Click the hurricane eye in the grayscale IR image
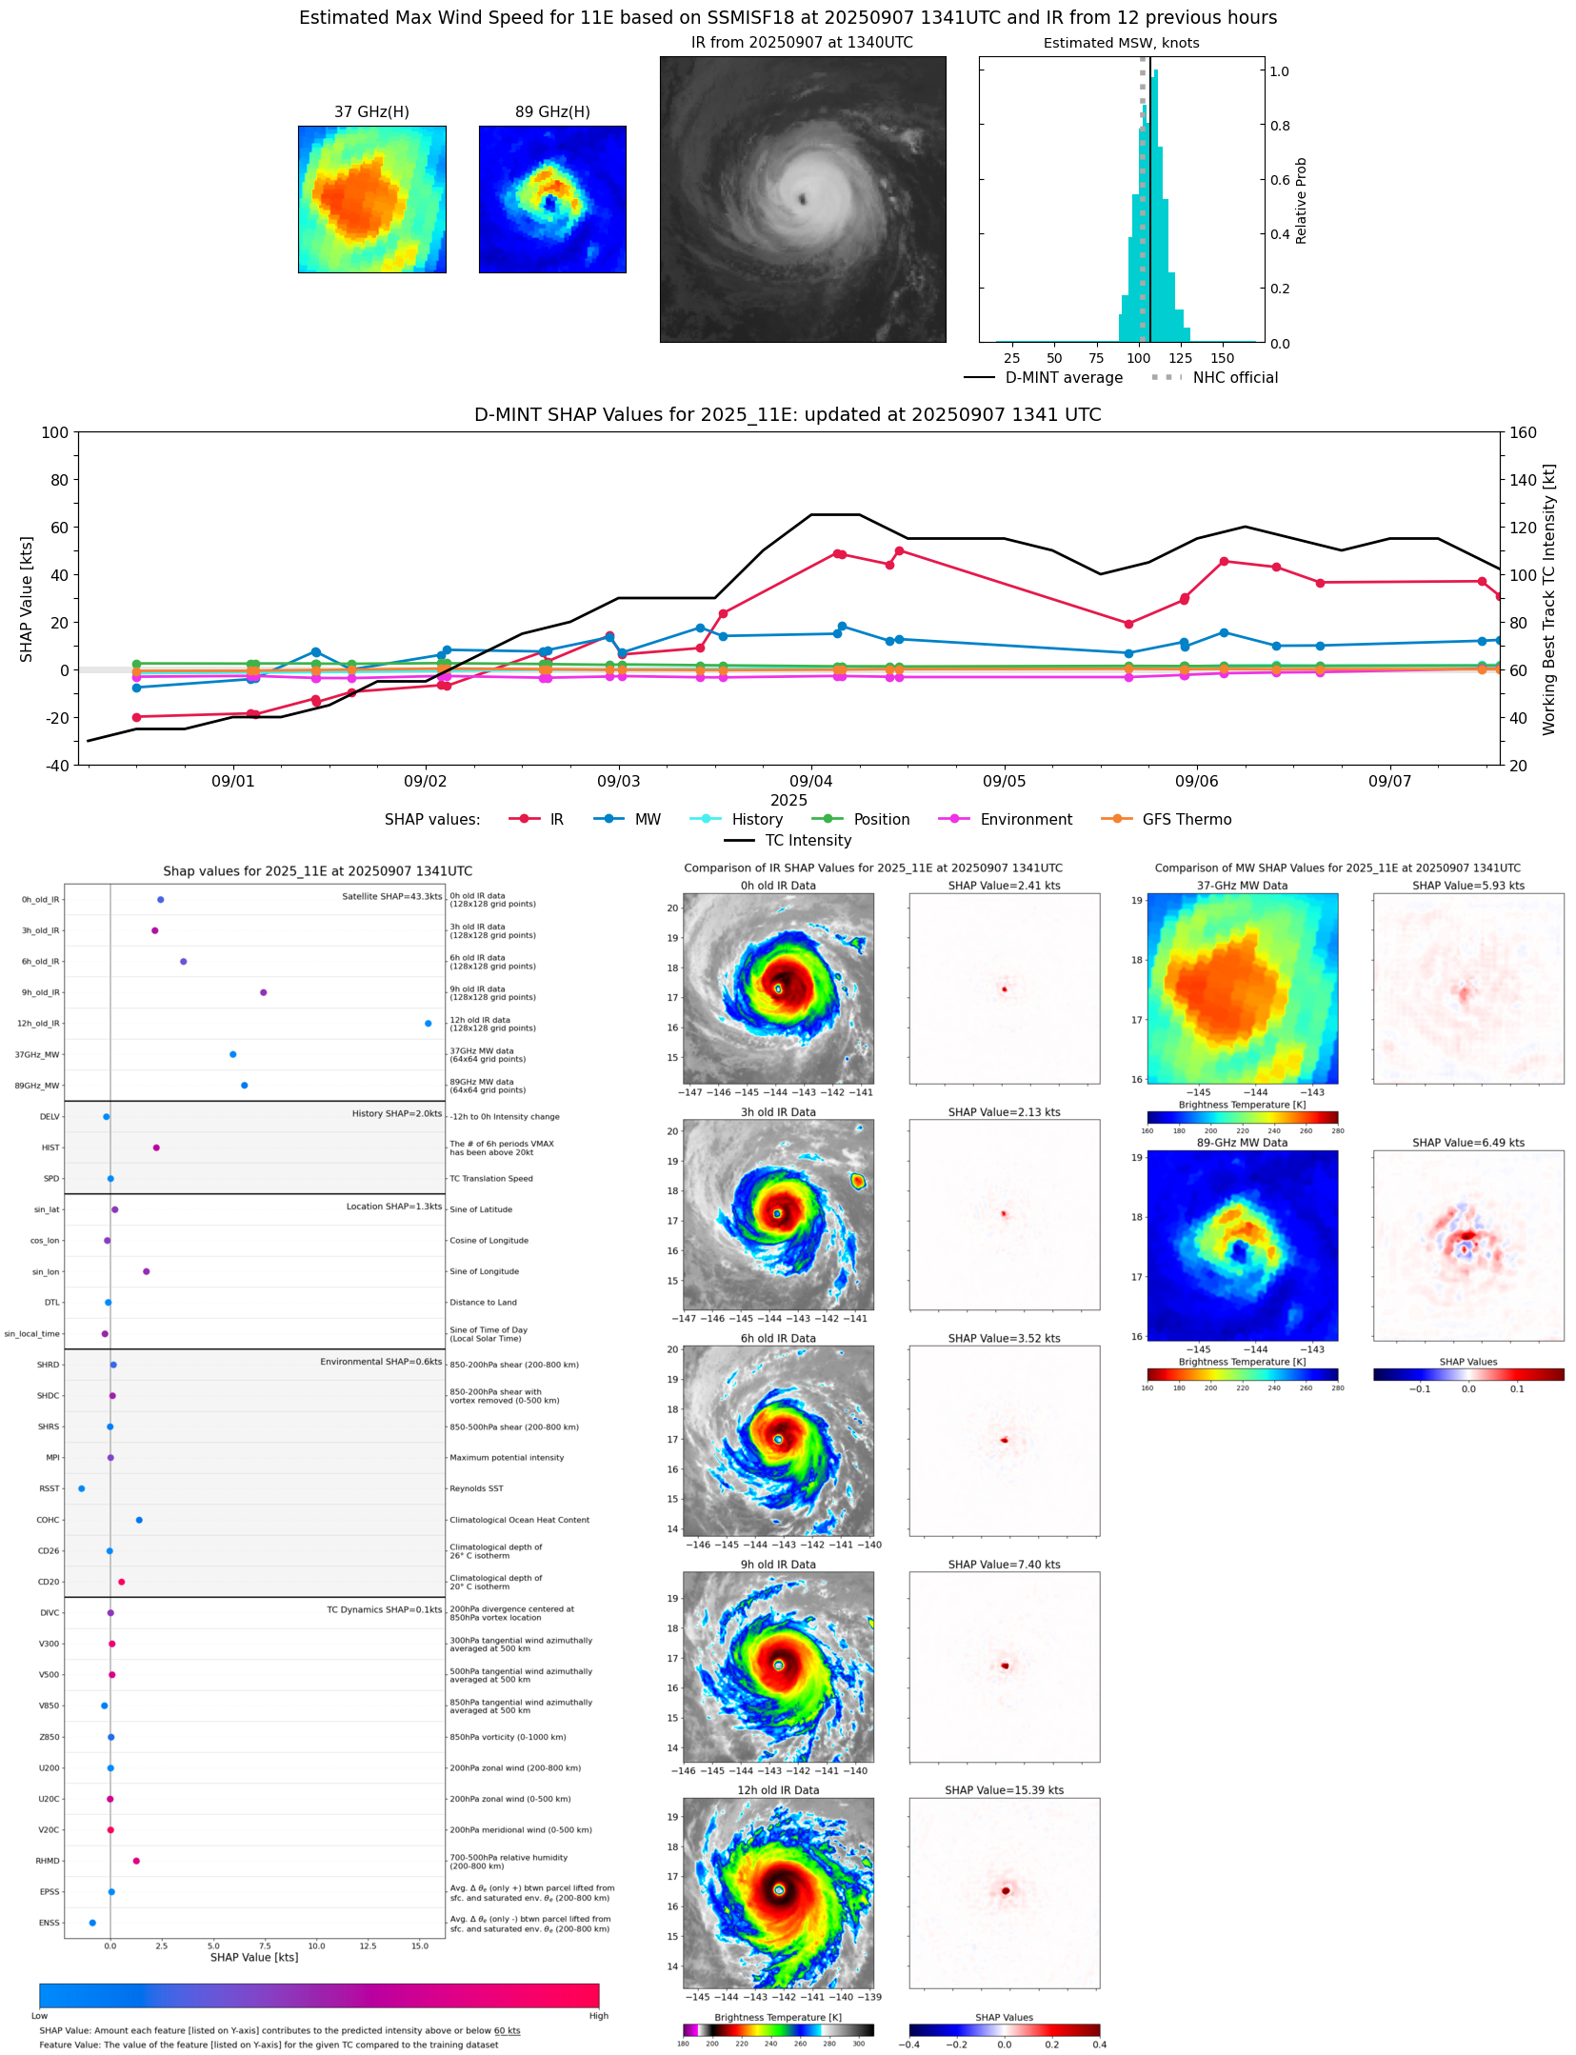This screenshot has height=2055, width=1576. click(x=803, y=199)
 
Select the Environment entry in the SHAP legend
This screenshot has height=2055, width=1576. click(x=1026, y=819)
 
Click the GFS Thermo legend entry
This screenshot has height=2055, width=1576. click(x=1187, y=819)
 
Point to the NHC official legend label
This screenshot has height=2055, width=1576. click(x=1235, y=377)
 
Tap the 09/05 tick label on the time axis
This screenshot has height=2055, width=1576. click(x=1004, y=781)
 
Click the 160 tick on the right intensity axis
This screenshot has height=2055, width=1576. click(x=1523, y=432)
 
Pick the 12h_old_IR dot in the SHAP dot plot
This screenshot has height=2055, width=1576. click(x=428, y=1024)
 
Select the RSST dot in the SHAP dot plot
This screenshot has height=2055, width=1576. click(x=81, y=1488)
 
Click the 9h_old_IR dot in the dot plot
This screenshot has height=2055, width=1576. click(x=264, y=992)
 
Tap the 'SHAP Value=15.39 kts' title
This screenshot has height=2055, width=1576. click(x=1004, y=1790)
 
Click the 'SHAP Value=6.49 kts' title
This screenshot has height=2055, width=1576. click(x=1467, y=1143)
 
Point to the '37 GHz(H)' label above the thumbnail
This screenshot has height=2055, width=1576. click(x=371, y=112)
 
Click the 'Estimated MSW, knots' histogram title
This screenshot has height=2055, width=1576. click(x=1121, y=43)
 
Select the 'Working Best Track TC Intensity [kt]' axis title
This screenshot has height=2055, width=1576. click(x=1549, y=599)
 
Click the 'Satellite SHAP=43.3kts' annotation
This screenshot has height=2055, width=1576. click(x=391, y=896)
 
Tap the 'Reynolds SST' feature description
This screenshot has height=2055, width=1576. click(x=476, y=1488)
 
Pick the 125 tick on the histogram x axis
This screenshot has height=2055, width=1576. click(x=1180, y=358)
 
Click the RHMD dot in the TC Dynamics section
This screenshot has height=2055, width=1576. click(x=136, y=1861)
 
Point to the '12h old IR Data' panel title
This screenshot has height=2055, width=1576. click(x=778, y=1790)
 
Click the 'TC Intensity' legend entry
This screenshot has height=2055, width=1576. click(x=808, y=840)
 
